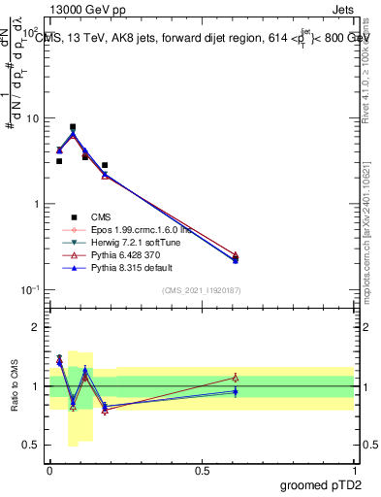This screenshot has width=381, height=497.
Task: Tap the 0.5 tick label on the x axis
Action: (x=202, y=470)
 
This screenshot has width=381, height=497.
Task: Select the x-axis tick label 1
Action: (x=355, y=470)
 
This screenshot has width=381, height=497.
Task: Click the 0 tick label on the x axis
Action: (x=49, y=470)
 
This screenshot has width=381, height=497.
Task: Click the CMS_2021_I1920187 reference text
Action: (x=202, y=290)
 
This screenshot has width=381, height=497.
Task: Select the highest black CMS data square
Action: (x=73, y=127)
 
